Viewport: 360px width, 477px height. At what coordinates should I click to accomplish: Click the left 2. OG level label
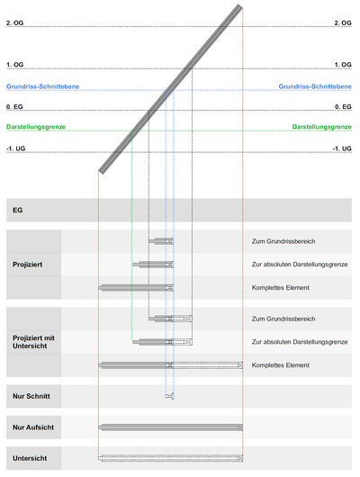(14, 22)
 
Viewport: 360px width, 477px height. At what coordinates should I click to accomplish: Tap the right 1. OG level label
(343, 65)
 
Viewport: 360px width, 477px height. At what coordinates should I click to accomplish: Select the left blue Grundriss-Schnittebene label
(42, 86)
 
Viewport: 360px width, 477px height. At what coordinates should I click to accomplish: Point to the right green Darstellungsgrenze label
(321, 127)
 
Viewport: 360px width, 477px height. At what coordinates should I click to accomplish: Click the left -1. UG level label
(15, 148)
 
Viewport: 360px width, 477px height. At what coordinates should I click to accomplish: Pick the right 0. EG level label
(343, 107)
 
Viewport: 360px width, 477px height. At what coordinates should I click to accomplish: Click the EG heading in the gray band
(18, 211)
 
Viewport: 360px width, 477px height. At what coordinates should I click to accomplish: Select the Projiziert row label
(27, 265)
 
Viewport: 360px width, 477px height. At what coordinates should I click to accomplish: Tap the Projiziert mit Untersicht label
(33, 342)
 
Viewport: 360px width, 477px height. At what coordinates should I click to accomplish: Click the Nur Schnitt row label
(31, 396)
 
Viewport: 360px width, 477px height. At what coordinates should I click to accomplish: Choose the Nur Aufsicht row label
(33, 427)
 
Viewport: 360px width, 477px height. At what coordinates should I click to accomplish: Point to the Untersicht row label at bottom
(30, 458)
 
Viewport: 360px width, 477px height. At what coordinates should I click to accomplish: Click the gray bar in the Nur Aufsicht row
(171, 427)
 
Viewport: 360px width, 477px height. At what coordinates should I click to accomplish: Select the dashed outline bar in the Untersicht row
(171, 458)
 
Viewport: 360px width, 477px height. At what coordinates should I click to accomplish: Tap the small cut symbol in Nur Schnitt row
(170, 396)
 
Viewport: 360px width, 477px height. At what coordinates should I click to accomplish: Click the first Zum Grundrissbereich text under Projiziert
(283, 241)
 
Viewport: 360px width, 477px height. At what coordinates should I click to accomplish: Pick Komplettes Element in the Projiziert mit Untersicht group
(280, 365)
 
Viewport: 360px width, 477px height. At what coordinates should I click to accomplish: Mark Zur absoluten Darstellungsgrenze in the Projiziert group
(300, 265)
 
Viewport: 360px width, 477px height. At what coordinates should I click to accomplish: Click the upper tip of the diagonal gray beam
(240, 6)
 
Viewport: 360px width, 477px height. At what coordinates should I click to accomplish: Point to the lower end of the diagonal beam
(101, 172)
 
